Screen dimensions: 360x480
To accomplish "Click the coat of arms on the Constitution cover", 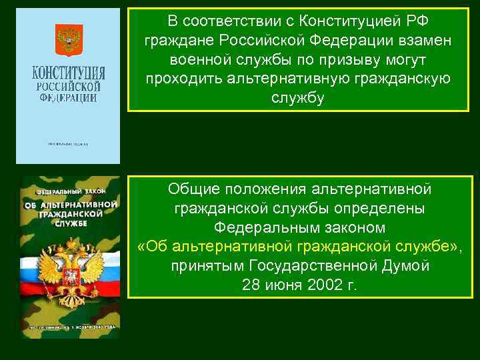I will click(67, 39).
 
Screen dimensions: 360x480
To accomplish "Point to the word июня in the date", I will click(285, 285).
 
